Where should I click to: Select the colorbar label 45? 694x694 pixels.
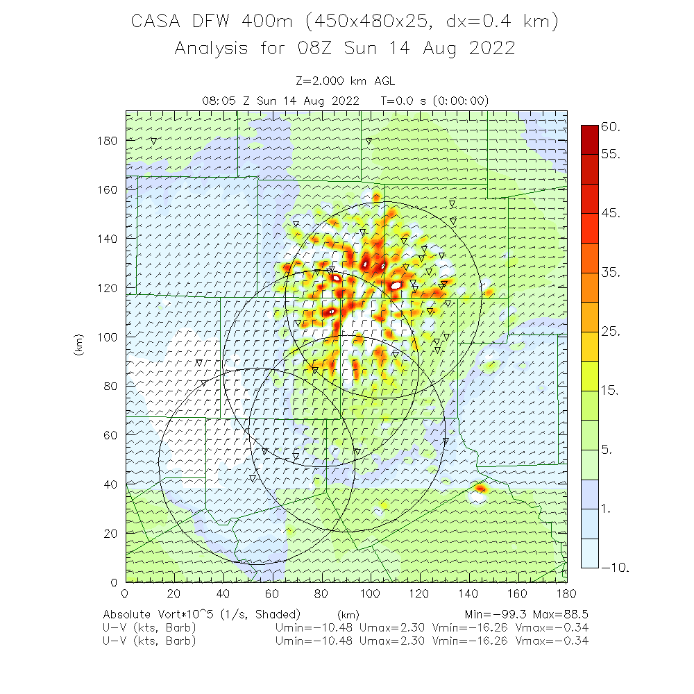(611, 213)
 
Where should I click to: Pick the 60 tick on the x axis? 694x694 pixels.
(273, 593)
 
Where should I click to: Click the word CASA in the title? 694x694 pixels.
(156, 22)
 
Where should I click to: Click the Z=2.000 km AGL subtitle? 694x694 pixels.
(345, 80)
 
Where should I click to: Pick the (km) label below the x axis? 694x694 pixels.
(348, 615)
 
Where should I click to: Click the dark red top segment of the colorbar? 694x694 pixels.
(589, 135)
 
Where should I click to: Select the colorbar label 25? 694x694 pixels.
(611, 332)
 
